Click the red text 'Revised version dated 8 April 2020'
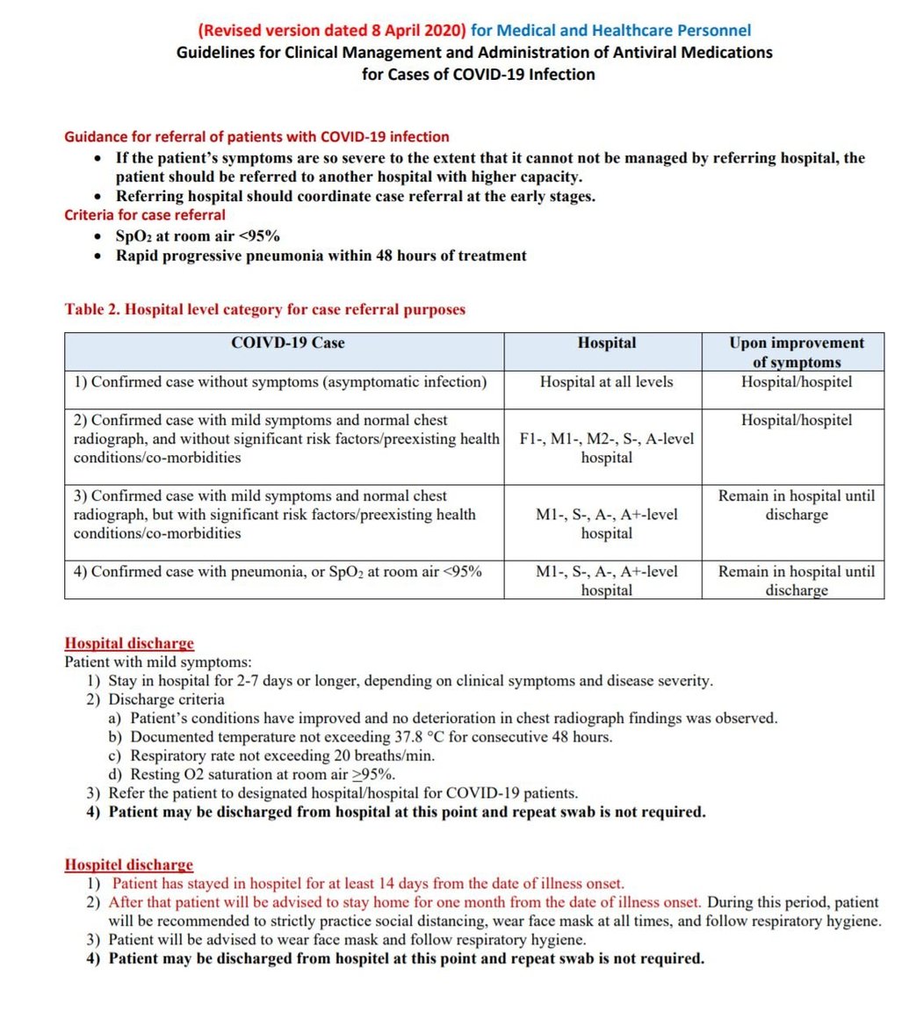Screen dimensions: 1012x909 pyautogui.click(x=332, y=31)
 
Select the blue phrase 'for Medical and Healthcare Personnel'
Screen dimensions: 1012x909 pyautogui.click(x=610, y=31)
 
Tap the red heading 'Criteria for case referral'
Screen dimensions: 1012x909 pyautogui.click(x=144, y=214)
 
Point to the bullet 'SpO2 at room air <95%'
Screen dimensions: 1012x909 pyautogui.click(x=198, y=235)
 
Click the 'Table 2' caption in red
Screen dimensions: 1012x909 pyautogui.click(x=264, y=309)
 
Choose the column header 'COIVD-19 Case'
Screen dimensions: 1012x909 pyautogui.click(x=287, y=343)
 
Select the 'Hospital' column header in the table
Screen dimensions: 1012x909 pyautogui.click(x=606, y=343)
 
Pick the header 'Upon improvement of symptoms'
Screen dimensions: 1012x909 pyautogui.click(x=796, y=351)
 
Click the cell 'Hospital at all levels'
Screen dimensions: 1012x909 pyautogui.click(x=606, y=382)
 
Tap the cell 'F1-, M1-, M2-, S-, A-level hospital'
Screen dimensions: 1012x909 pyautogui.click(x=606, y=448)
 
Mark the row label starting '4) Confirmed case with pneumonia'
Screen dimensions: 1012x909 pyautogui.click(x=278, y=571)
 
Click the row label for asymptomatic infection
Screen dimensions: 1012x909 pyautogui.click(x=279, y=382)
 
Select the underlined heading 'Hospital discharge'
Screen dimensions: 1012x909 pyautogui.click(x=129, y=644)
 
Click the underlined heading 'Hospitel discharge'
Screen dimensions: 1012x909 pyautogui.click(x=129, y=865)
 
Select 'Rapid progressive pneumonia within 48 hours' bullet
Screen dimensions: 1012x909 pyautogui.click(x=321, y=256)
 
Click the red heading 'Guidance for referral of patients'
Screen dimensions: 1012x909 pyautogui.click(x=256, y=137)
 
